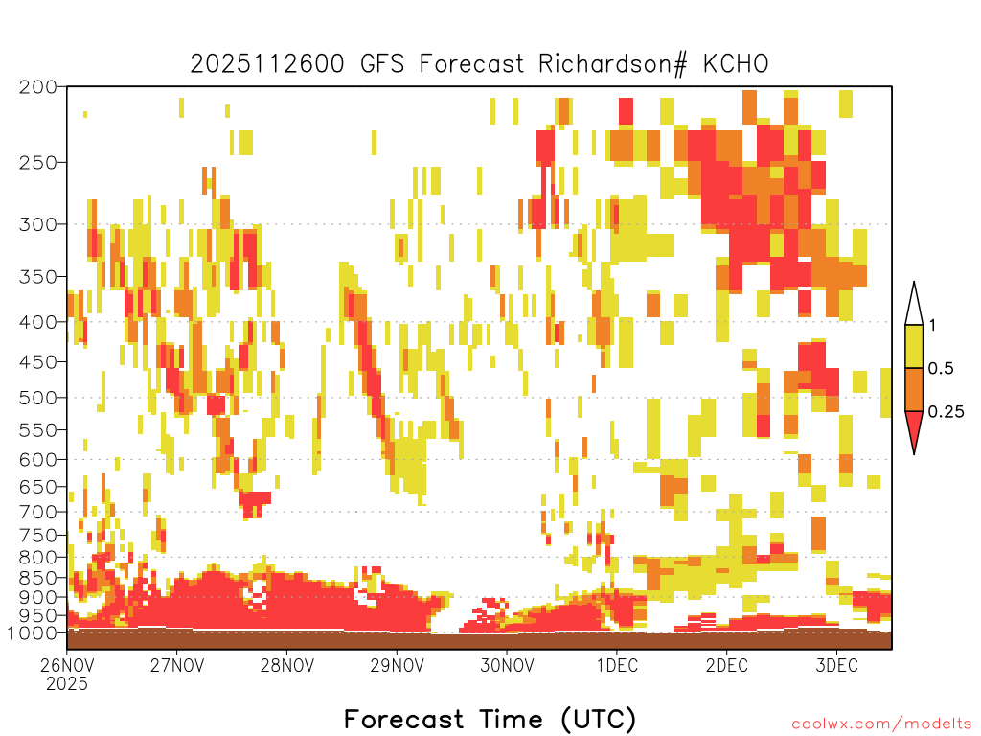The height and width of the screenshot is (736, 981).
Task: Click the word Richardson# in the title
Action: [613, 64]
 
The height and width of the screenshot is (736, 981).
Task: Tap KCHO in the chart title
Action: [735, 64]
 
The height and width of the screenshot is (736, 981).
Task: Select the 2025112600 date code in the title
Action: [267, 64]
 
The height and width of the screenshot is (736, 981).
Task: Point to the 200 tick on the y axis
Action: [37, 87]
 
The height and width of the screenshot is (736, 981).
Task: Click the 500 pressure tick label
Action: [37, 398]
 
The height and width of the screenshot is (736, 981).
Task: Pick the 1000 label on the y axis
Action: [32, 633]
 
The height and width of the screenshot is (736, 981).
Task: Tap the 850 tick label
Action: [37, 578]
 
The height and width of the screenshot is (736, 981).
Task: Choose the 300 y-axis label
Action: [37, 224]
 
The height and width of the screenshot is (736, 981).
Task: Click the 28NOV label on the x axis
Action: [287, 665]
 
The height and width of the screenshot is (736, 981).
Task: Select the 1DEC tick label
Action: [618, 665]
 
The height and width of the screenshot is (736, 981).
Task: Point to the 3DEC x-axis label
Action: [837, 665]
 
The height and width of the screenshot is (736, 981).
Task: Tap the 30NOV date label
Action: [508, 665]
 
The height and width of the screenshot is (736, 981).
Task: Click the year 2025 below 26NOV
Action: [67, 684]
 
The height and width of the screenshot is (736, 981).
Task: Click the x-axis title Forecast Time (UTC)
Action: [490, 720]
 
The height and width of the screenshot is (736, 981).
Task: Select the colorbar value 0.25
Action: [946, 412]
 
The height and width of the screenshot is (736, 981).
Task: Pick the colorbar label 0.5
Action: [941, 369]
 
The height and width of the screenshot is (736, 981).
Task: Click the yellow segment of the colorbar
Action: [914, 346]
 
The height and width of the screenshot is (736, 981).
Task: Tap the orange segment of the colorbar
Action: [914, 389]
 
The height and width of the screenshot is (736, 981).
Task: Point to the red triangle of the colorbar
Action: [914, 428]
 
